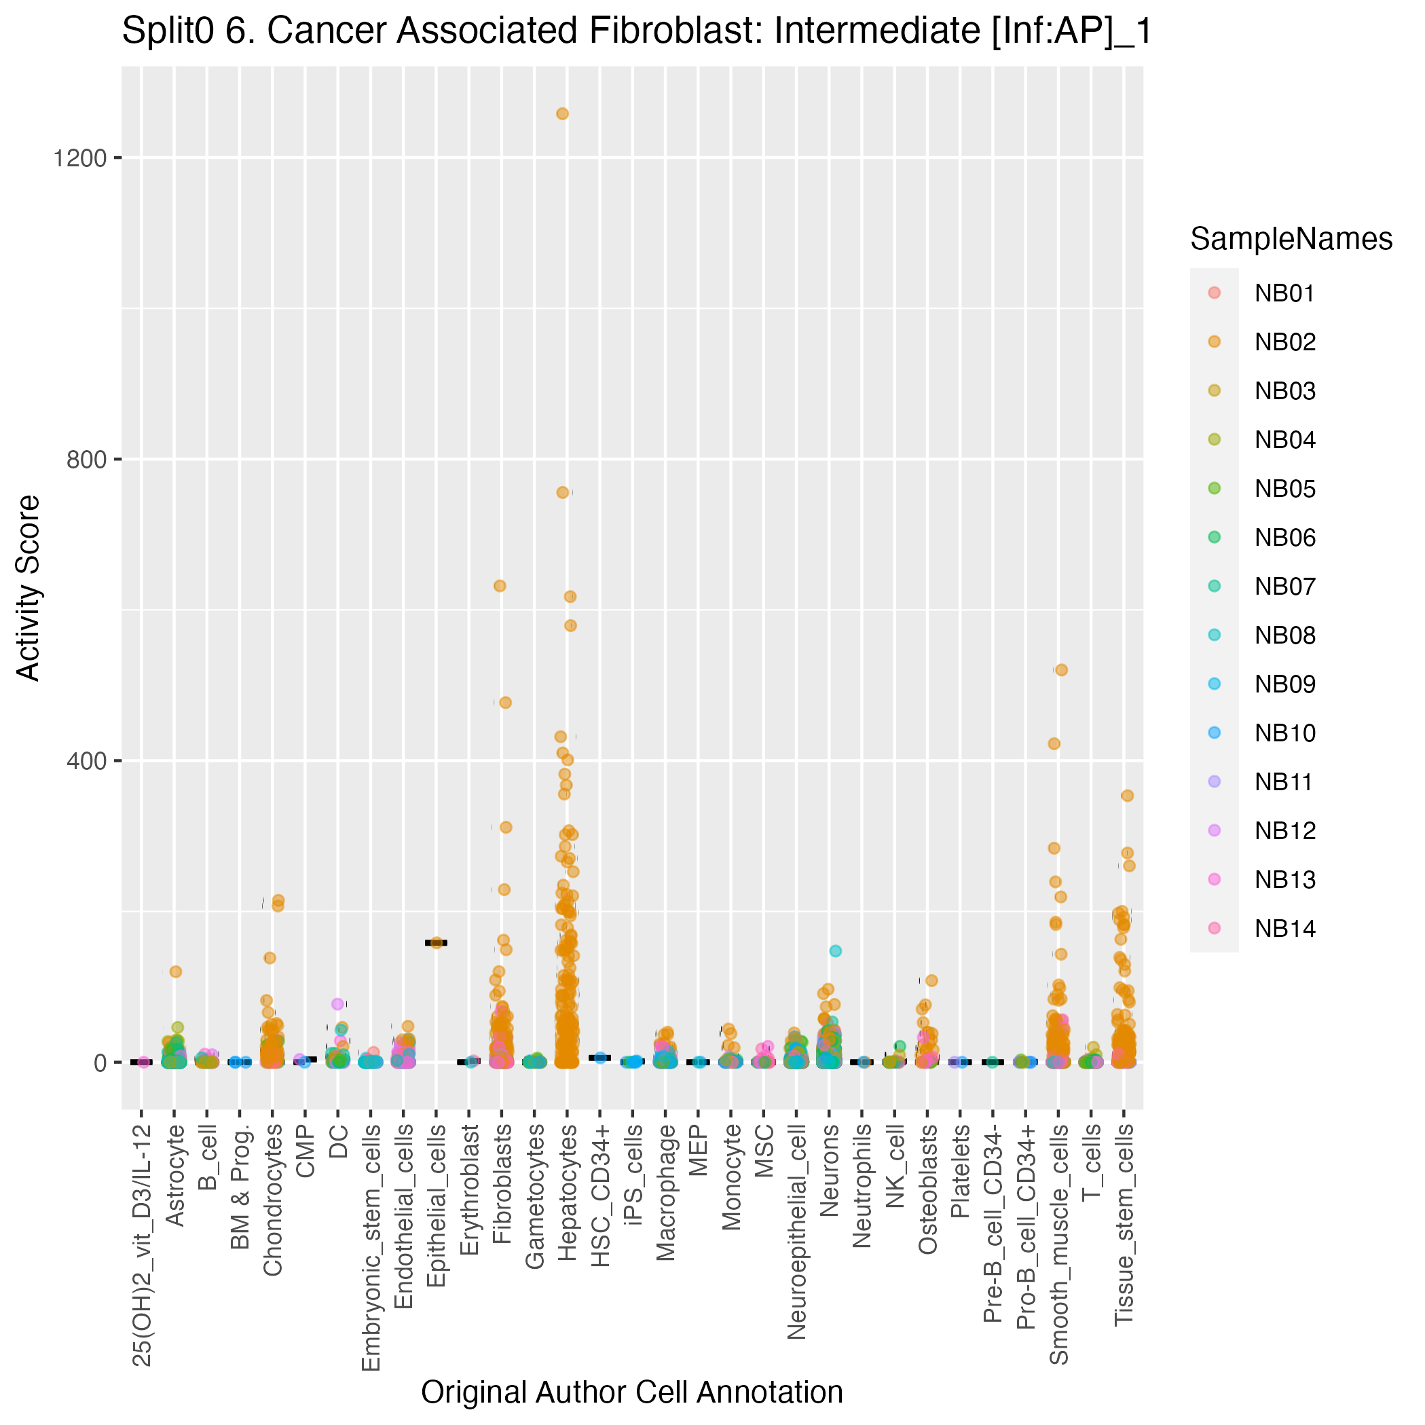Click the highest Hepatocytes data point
pos(562,113)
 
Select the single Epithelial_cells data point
pos(436,942)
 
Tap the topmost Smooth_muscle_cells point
pos(1061,669)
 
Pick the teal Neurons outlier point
pos(836,950)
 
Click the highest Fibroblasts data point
pos(500,586)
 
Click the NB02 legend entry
pos(1285,342)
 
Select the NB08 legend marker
pos(1215,635)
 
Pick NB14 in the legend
pos(1285,928)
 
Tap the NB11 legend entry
pos(1283,782)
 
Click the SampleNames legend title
pos(1291,239)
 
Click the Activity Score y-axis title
pos(29,588)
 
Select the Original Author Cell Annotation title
pos(631,1392)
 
